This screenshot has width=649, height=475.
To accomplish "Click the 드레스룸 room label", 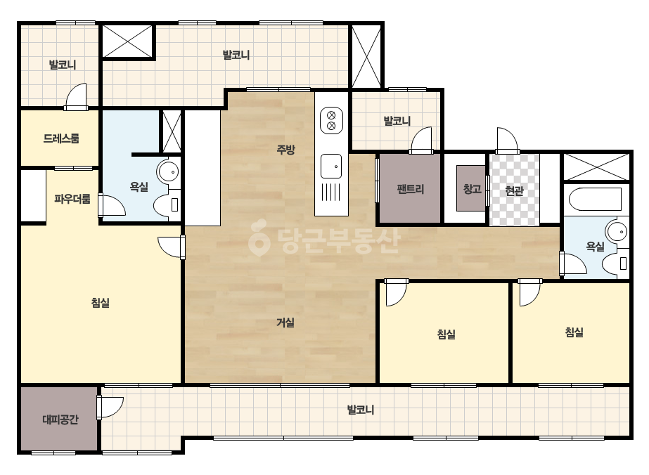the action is click(61, 138).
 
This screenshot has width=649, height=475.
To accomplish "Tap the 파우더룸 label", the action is click(72, 199).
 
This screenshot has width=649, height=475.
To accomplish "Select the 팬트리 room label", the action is click(411, 189).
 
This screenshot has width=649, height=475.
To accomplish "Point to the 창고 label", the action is click(473, 189).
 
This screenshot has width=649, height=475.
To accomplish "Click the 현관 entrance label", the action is click(515, 190).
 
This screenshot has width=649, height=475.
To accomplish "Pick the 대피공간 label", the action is click(60, 420).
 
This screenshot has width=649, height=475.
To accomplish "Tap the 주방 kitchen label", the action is click(285, 150).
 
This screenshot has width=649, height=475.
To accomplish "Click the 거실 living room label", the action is click(285, 323).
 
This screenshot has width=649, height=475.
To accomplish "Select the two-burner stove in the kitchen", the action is click(332, 120).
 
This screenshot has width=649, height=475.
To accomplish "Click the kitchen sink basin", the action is click(331, 166).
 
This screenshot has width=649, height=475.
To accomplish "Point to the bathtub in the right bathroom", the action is click(596, 199).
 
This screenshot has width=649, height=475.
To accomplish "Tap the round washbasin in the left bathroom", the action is click(168, 171).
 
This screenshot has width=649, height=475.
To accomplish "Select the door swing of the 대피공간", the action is click(110, 408).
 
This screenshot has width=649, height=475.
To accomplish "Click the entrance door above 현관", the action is click(508, 141).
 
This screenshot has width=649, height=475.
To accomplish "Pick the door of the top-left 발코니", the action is click(76, 97).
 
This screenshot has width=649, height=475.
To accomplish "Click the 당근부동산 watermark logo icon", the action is click(258, 237).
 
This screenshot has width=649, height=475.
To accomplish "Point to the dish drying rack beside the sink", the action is click(331, 193).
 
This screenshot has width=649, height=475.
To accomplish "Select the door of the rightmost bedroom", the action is click(529, 292).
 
